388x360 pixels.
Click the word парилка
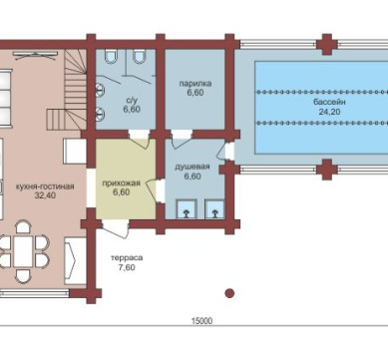coord(195,84)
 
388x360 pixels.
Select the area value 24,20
coord(329,112)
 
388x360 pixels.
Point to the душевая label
coord(193,167)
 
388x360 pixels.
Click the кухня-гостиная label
coord(45,186)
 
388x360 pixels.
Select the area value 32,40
coord(45,195)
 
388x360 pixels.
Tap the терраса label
coord(127,258)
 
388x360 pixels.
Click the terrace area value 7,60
coord(127,267)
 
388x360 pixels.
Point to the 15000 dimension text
coord(201,321)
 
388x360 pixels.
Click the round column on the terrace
coord(229,293)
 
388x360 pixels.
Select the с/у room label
coord(132,100)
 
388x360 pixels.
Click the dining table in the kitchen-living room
coord(23,251)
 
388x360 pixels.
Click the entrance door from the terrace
coord(116,228)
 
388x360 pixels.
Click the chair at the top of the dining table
coord(23,227)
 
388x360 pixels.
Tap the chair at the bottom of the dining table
coord(23,275)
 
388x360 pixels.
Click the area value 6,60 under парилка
coord(195,93)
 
